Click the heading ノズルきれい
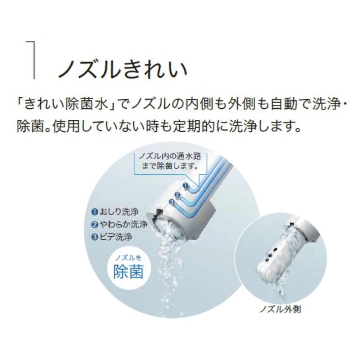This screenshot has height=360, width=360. coord(123,67)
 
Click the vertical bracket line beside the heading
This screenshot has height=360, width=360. coord(34,60)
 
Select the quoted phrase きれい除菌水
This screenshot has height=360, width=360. coord(66,104)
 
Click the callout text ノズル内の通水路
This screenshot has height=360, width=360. coord(170,156)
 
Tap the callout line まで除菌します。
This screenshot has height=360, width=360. coord(170,166)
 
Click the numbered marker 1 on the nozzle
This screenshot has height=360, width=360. coord(185,185)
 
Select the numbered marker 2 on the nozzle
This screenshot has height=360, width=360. coord(177,195)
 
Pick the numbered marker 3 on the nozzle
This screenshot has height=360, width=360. coord(171,202)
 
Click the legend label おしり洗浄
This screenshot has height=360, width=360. coord(115,212)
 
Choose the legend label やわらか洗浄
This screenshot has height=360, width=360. coord(119,224)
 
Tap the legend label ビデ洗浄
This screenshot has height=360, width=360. coord(112,237)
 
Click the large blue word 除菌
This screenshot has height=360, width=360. coord(129,272)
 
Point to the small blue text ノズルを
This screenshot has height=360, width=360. coord(128,258)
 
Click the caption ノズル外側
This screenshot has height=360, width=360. coord(280,310)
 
